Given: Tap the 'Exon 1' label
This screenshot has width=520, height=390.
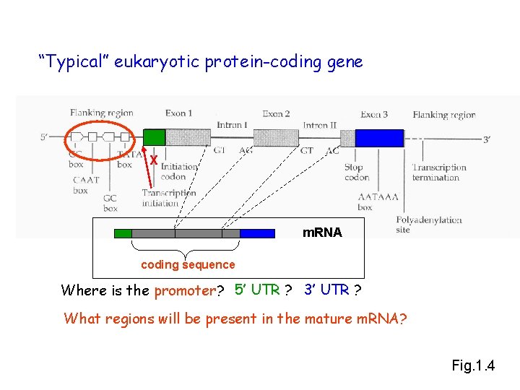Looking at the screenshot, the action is point(178,113).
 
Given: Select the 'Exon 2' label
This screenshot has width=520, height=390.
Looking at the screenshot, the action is point(276,113).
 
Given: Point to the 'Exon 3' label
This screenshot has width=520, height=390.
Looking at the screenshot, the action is point(374,114).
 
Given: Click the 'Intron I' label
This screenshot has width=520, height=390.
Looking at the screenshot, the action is point(230,125).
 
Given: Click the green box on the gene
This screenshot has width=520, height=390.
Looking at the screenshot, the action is point(155,137).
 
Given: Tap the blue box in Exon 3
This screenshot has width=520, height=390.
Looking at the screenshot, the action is point(379,137).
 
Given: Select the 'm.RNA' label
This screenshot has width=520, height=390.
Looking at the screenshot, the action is point(322,233).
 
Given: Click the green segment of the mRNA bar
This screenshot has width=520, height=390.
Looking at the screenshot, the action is point(123,233).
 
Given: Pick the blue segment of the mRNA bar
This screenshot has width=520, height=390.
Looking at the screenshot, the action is point(257,233).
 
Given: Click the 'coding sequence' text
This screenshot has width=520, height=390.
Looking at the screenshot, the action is point(188,264).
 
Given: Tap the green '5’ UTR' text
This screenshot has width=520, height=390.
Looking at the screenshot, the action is point(257,290).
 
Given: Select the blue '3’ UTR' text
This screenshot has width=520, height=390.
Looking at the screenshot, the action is point(327,290).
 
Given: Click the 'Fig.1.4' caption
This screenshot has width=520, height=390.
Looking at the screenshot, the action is point(473,365).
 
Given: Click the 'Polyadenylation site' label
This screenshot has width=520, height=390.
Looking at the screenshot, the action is point(429,224).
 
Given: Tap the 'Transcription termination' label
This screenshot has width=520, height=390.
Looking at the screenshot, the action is point(439,172).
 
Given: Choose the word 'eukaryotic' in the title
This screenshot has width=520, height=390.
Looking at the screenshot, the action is point(157,62).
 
